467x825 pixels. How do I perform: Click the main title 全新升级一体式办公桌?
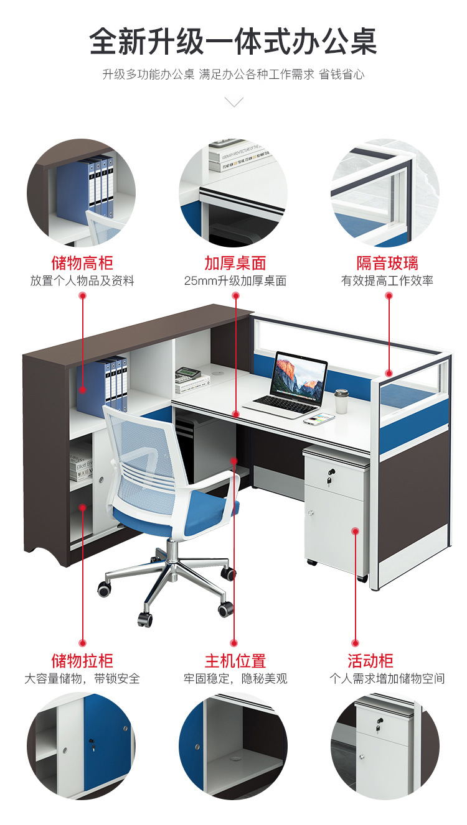coord(233,42)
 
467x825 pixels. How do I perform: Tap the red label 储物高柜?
coord(82,262)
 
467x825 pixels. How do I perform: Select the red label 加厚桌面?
coord(235,262)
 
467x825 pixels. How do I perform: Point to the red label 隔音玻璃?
coord(387,262)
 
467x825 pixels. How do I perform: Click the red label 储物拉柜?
coord(82,660)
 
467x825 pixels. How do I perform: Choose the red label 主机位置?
coord(235,660)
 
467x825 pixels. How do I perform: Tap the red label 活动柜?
coord(370,660)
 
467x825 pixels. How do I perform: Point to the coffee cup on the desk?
coord(341,402)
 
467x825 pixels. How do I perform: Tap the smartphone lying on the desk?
coord(319,418)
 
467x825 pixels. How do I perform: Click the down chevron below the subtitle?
coord(234,102)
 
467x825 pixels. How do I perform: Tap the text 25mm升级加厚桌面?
coord(235,281)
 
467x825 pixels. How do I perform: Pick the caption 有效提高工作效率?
coord(387,281)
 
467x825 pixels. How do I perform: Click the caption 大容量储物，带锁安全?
coord(82,678)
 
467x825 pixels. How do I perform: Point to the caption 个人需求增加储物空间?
coord(387,678)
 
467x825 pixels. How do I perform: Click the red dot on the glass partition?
coord(389,374)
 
